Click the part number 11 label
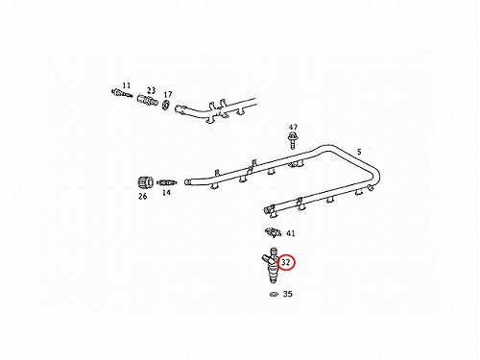click(127, 85)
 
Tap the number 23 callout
click(152, 90)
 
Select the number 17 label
click(168, 94)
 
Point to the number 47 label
click(293, 128)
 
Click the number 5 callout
click(359, 152)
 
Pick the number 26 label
click(143, 196)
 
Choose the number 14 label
click(166, 193)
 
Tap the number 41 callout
click(290, 233)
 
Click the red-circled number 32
click(285, 262)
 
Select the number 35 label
click(288, 294)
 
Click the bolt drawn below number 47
click(292, 141)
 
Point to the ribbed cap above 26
click(145, 183)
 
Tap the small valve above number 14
click(166, 183)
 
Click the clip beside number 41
click(273, 232)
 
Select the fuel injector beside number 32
click(271, 265)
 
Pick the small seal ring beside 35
click(274, 294)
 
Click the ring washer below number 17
click(166, 105)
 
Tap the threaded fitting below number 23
click(147, 100)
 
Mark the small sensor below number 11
click(122, 93)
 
